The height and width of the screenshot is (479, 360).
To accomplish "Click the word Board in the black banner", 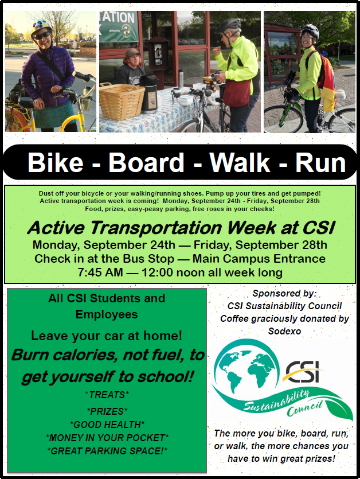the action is pyautogui.click(x=146, y=162).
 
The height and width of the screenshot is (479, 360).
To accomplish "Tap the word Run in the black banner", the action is pyautogui.click(x=320, y=162).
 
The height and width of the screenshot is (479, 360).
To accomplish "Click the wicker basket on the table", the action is pyautogui.click(x=122, y=100).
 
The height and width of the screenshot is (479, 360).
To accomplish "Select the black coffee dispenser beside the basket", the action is pyautogui.click(x=148, y=94).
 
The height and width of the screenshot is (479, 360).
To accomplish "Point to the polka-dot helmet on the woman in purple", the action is pyautogui.click(x=41, y=26).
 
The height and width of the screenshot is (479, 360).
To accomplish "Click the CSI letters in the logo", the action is pyautogui.click(x=303, y=372).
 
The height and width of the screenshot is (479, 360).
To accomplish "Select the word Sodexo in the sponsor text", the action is pyautogui.click(x=284, y=331).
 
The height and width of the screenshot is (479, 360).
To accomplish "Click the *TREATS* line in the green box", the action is pyautogui.click(x=107, y=395).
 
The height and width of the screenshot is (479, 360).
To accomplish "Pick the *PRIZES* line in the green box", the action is pyautogui.click(x=107, y=411).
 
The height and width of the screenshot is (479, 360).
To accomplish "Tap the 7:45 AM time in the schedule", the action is pyautogui.click(x=100, y=272).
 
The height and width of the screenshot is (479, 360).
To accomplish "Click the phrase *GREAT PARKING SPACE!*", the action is pyautogui.click(x=107, y=451).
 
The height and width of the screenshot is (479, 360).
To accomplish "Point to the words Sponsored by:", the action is pyautogui.click(x=284, y=293).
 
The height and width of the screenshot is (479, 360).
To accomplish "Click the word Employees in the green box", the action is pyautogui.click(x=107, y=314).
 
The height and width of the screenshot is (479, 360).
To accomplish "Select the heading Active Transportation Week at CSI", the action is pyautogui.click(x=181, y=228).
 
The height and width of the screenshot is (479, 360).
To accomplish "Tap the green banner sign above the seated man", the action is pyautogui.click(x=119, y=26).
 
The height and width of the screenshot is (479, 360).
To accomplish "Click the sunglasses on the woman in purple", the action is pyautogui.click(x=42, y=35).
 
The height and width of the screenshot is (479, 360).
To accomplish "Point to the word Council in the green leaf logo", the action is pyautogui.click(x=304, y=409).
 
